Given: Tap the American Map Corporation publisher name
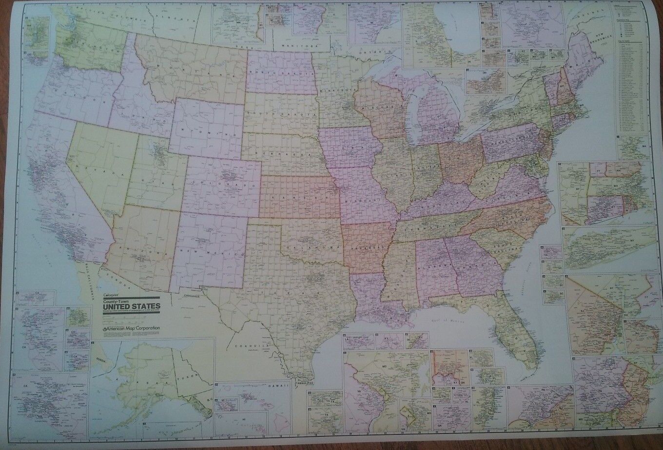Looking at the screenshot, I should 133,329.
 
